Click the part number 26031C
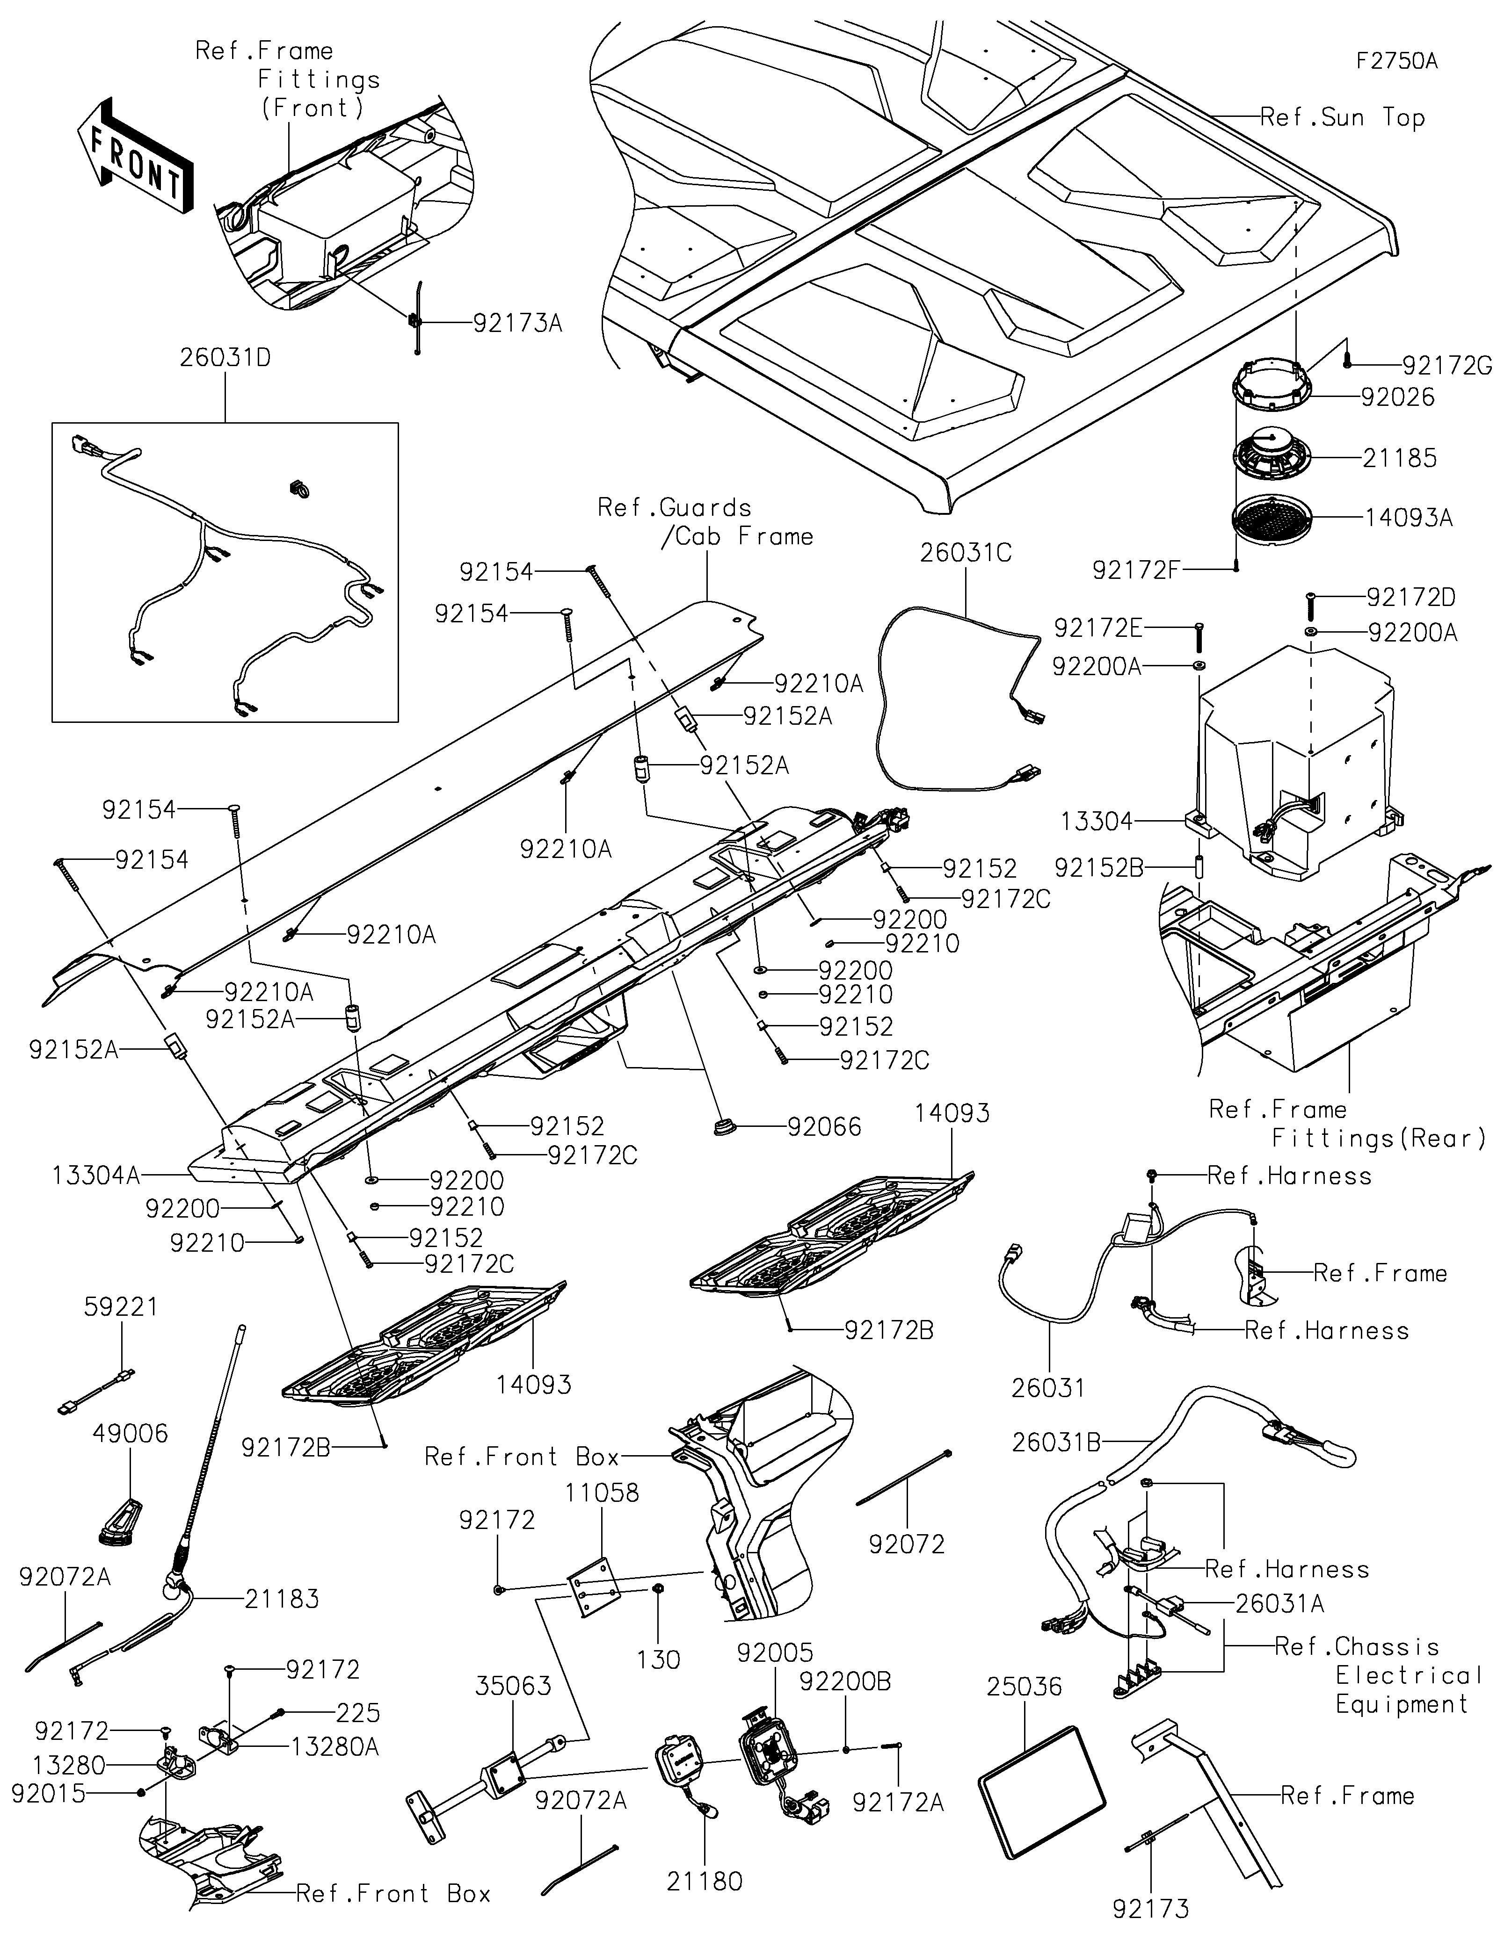point(966,552)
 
